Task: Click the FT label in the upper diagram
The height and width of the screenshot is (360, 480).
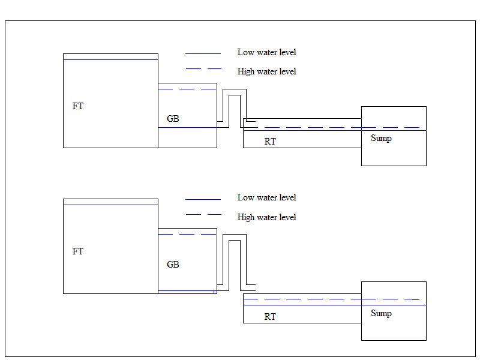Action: coord(78,106)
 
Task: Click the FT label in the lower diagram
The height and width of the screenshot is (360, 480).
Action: coord(78,251)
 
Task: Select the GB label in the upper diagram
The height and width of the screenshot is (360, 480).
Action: coord(173,119)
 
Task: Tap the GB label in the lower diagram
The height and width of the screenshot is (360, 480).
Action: coord(173,265)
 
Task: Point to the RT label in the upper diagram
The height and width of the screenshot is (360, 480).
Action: coord(270,142)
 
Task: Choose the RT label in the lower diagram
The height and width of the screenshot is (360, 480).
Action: coord(270,317)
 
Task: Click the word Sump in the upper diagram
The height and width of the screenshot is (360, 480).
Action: coord(381,139)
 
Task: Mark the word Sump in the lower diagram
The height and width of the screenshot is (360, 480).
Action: coord(381,313)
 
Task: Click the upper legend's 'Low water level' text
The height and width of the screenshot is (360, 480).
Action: coord(266,52)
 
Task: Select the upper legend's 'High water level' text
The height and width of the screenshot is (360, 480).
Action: coord(266,71)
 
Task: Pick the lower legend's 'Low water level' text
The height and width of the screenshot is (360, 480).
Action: coord(266,197)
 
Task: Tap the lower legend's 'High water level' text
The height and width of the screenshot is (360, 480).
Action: coord(266,217)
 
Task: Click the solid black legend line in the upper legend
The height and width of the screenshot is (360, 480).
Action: coord(203,53)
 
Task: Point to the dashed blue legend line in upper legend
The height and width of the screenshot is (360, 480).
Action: coord(203,69)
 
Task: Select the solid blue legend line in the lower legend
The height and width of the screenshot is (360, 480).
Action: coord(203,199)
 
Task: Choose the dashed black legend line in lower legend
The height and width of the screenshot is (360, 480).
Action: coord(203,214)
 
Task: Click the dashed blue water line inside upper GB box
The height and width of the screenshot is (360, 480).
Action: coord(187,89)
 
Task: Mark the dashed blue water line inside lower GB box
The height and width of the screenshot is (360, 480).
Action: coord(187,234)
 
